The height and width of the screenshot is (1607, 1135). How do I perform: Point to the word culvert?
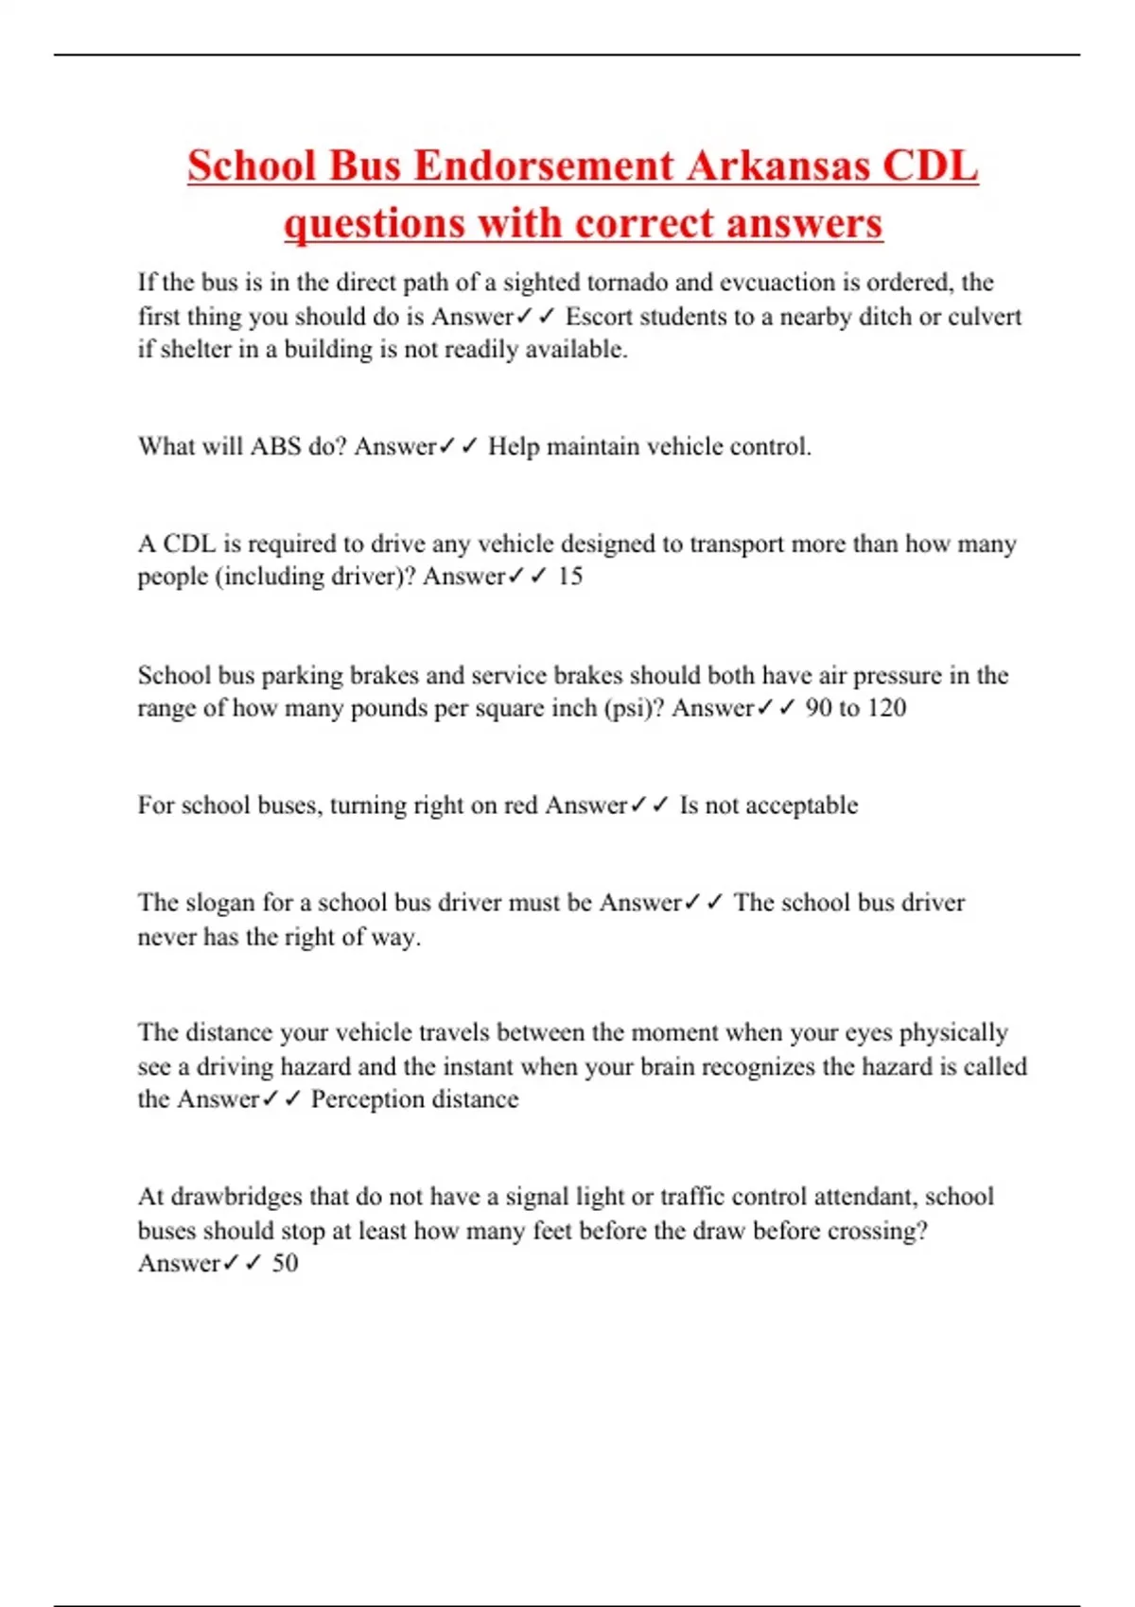985,317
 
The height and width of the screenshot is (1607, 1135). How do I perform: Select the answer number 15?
569,576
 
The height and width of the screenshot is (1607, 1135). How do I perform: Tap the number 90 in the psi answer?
818,708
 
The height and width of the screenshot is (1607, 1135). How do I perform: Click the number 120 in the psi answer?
886,708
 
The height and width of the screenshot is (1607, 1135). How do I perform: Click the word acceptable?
802,805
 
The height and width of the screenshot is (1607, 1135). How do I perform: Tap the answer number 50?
285,1263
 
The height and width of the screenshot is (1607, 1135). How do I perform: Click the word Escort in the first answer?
598,317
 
